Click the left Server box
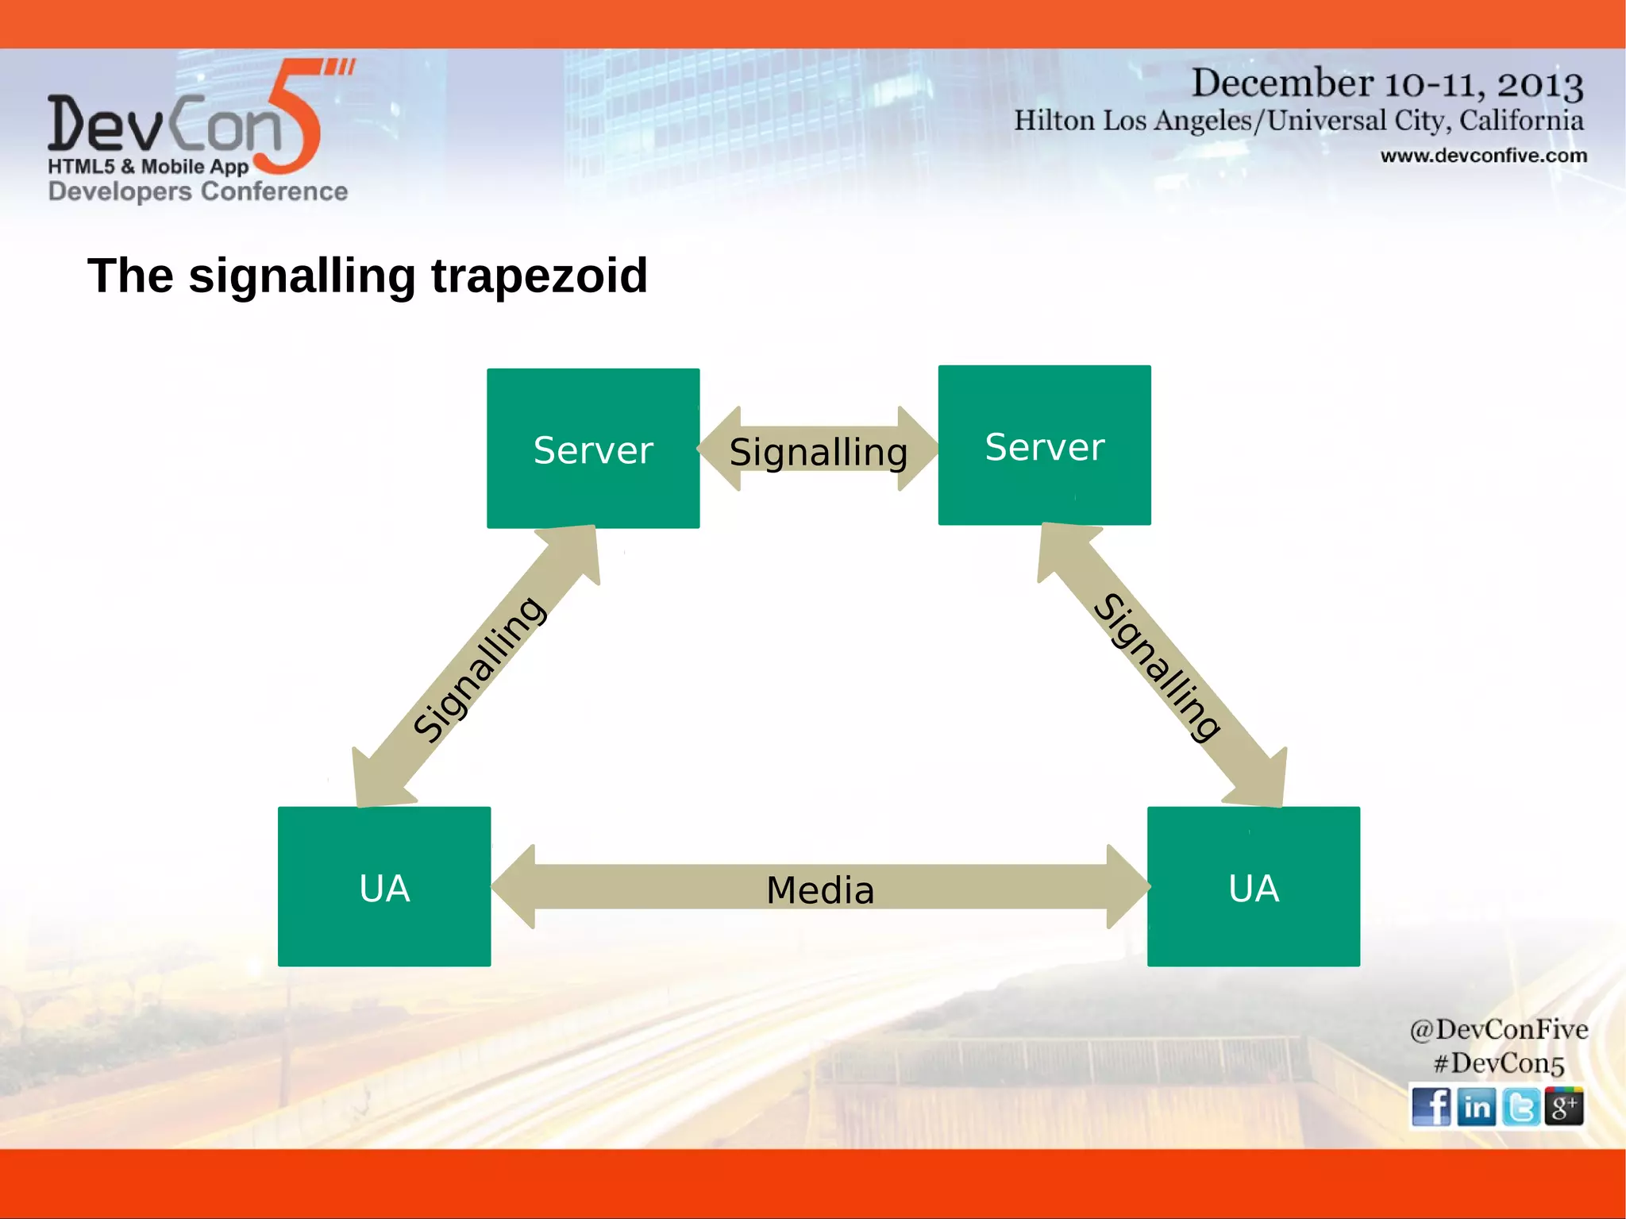(593, 449)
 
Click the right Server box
(1044, 446)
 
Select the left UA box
(384, 887)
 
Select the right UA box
(1254, 887)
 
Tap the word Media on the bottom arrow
(820, 889)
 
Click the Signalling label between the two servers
(819, 452)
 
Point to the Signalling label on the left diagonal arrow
(480, 669)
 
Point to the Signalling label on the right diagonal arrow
(1158, 667)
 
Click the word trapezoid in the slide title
(539, 276)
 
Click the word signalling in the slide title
(302, 276)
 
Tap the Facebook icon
(1431, 1106)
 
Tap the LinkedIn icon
(1477, 1106)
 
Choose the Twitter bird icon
(1520, 1106)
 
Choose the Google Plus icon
(1563, 1106)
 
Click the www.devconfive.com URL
(1483, 156)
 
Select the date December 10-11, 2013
(1386, 83)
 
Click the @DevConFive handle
(1498, 1029)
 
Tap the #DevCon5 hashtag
(1498, 1063)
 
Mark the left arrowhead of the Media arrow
(514, 886)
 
